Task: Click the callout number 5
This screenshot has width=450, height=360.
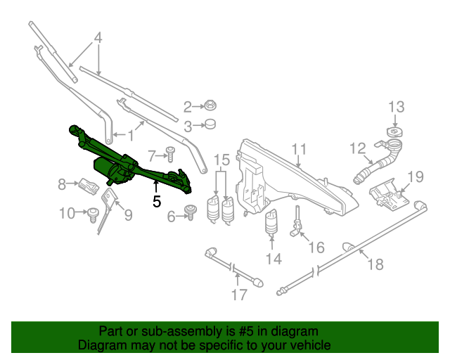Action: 156,200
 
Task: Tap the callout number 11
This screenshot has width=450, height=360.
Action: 300,149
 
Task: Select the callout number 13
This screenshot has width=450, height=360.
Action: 397,107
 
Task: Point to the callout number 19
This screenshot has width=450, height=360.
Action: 415,176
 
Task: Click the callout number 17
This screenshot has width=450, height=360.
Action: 239,295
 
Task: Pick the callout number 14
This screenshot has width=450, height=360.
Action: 273,259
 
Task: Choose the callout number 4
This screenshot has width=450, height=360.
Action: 98,38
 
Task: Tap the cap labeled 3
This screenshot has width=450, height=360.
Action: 209,126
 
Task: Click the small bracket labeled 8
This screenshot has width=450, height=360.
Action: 87,186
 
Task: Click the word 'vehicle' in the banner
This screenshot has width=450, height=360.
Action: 305,346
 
